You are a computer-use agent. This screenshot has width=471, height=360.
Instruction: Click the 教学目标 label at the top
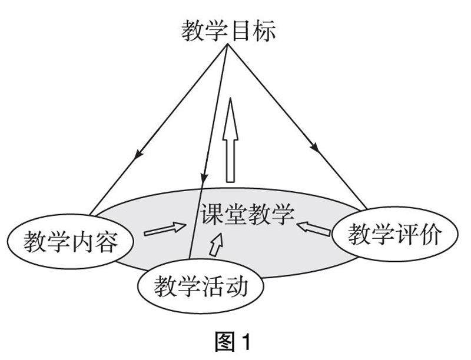(x=228, y=31)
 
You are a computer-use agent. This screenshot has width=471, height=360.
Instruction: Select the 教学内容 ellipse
(x=71, y=240)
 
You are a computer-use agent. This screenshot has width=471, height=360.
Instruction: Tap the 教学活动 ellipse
(x=200, y=286)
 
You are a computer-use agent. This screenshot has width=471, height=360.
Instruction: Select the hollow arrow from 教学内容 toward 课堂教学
(x=164, y=229)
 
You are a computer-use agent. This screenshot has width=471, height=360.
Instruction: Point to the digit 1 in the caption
(x=246, y=341)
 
